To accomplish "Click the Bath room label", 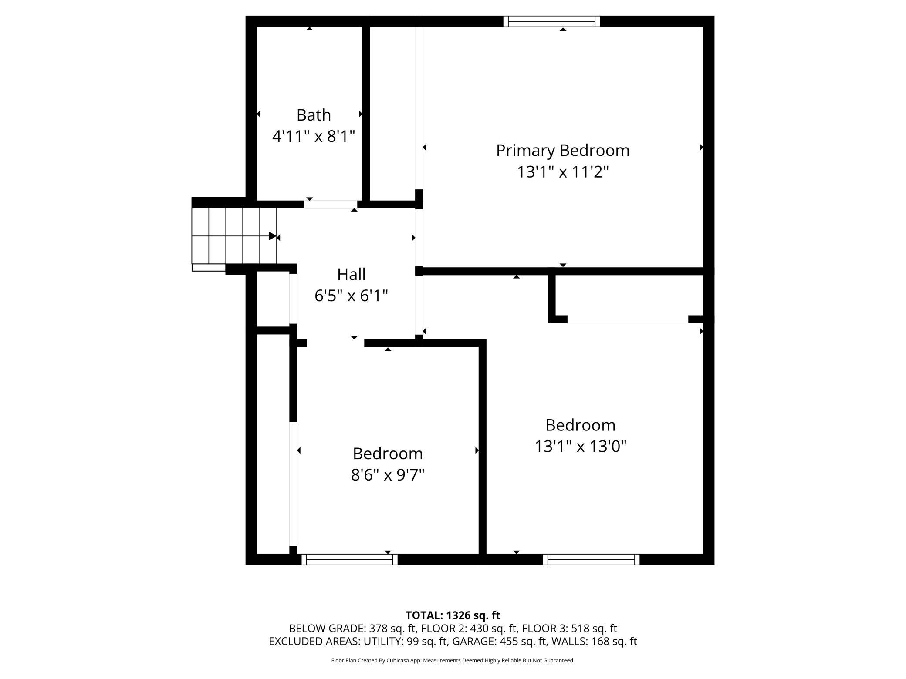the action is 314,115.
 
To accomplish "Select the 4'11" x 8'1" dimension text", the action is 314,137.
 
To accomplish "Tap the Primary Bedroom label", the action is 563,151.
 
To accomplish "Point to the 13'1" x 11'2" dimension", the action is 563,172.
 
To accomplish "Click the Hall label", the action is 351,274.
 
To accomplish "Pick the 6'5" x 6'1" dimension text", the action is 351,296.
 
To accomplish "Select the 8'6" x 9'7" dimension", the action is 388,475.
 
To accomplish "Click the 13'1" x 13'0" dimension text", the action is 581,446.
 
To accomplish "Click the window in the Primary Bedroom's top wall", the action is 551,21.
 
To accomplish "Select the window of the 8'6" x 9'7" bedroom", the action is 349,559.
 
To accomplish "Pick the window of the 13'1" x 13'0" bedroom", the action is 591,559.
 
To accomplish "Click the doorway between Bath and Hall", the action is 331,204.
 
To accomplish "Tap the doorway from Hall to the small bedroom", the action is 335,343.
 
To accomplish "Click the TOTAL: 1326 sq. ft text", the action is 453,615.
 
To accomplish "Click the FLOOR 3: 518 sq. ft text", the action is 569,629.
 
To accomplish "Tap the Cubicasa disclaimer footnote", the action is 453,660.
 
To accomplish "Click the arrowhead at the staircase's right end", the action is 273,236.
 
